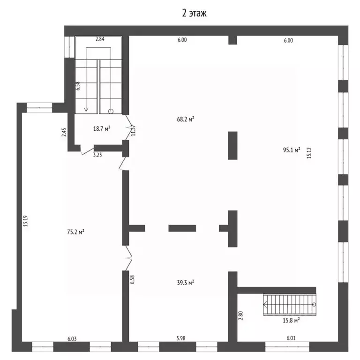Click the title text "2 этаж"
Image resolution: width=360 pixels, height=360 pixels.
pyautogui.click(x=194, y=13)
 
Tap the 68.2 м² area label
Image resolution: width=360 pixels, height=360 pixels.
pyautogui.click(x=186, y=119)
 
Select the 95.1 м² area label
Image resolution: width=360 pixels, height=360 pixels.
pyautogui.click(x=292, y=150)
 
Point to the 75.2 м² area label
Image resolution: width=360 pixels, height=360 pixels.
pyautogui.click(x=75, y=232)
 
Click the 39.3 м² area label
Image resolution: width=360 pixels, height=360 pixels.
pyautogui.click(x=186, y=282)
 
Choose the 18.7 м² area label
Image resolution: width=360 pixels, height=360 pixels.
pyautogui.click(x=102, y=128)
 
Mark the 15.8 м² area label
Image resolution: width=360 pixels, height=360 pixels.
pyautogui.click(x=291, y=320)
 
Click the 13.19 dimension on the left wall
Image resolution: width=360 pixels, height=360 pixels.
pyautogui.click(x=25, y=221)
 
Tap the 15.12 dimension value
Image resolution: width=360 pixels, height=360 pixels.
pyautogui.click(x=309, y=153)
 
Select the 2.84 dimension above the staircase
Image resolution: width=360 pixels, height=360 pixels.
pyautogui.click(x=100, y=39)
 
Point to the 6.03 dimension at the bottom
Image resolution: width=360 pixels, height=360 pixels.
pyautogui.click(x=72, y=338)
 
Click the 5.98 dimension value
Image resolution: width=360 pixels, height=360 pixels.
pyautogui.click(x=181, y=338)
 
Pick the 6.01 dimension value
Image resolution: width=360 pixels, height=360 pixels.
pyautogui.click(x=291, y=338)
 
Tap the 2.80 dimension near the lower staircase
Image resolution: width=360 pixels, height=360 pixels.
pyautogui.click(x=240, y=315)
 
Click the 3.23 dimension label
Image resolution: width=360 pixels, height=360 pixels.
pyautogui.click(x=97, y=155)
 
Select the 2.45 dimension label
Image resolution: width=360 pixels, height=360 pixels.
pyautogui.click(x=64, y=132)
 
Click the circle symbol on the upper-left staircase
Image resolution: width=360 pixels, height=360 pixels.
pyautogui.click(x=111, y=112)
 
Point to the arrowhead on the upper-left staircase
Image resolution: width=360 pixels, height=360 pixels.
pyautogui.click(x=86, y=109)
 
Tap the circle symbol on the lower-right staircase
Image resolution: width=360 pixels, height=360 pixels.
pyautogui.click(x=314, y=304)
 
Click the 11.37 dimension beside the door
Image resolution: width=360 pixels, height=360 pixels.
pyautogui.click(x=133, y=130)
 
